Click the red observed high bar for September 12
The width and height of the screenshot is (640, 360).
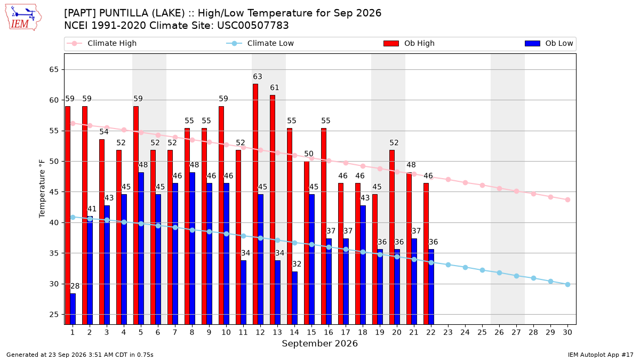click(x=255, y=204)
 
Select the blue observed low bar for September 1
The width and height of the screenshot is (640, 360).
click(x=73, y=309)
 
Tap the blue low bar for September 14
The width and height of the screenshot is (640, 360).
click(x=294, y=298)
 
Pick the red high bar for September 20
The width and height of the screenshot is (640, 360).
click(x=391, y=237)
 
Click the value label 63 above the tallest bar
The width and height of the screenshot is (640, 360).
click(x=258, y=77)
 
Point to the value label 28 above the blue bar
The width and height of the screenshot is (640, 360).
click(x=75, y=286)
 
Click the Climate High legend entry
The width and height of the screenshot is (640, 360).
click(x=101, y=43)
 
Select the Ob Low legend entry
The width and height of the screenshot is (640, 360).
click(x=549, y=43)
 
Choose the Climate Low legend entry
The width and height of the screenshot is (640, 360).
click(x=260, y=43)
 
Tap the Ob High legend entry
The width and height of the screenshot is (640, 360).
click(x=409, y=43)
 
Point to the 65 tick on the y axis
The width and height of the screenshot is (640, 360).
click(x=54, y=69)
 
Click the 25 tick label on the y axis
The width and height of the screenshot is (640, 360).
click(x=54, y=315)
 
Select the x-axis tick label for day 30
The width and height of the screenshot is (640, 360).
click(x=567, y=332)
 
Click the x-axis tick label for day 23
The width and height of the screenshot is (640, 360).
click(x=448, y=332)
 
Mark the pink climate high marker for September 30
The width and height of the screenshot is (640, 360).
click(x=567, y=199)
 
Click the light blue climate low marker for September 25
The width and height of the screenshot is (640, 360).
click(x=482, y=270)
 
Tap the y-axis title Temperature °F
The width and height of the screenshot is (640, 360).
click(x=42, y=189)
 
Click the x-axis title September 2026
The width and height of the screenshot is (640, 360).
click(x=319, y=343)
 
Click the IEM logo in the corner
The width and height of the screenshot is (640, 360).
click(x=23, y=18)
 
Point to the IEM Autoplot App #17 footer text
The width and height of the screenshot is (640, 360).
click(x=601, y=355)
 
